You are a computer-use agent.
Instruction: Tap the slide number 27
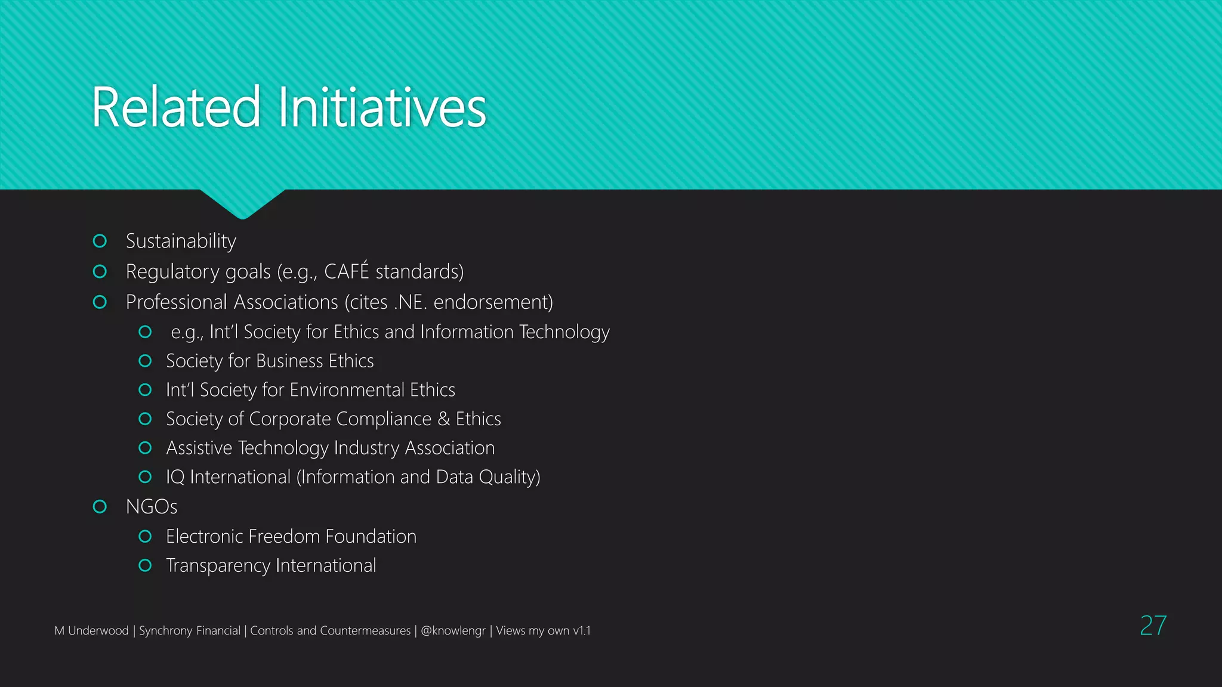coord(1153,626)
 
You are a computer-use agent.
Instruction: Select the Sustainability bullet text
coord(181,241)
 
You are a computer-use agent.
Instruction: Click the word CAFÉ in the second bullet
coord(346,271)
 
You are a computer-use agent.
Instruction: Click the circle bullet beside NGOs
coord(100,507)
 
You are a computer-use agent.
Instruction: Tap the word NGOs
coord(152,507)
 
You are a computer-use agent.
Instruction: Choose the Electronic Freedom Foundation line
coord(291,537)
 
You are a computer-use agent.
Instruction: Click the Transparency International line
coord(271,565)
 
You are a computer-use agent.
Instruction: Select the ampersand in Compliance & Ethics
coord(443,419)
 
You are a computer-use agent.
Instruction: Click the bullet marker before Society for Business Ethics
coord(145,361)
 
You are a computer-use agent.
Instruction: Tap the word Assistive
coord(199,448)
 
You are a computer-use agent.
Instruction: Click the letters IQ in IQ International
coord(175,477)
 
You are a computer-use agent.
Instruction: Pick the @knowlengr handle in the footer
coord(453,630)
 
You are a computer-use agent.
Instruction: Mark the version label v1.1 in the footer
coord(581,630)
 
